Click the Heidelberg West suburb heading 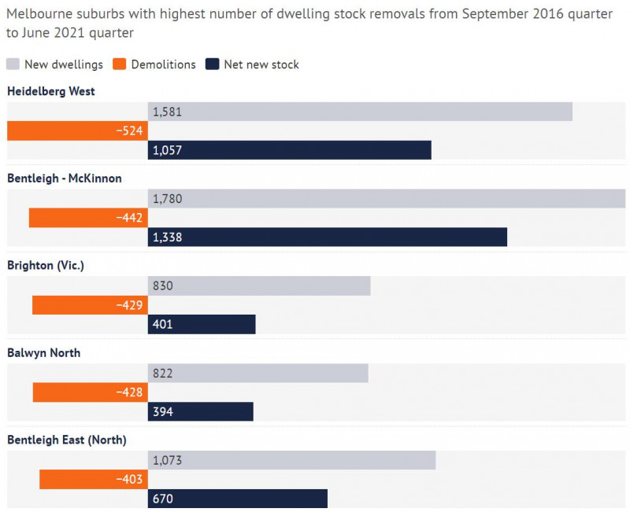pyautogui.click(x=50, y=91)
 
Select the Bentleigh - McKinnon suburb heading pyautogui.click(x=65, y=179)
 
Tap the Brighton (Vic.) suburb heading pyautogui.click(x=46, y=266)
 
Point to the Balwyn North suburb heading pyautogui.click(x=44, y=353)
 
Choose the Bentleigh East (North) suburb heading pyautogui.click(x=67, y=440)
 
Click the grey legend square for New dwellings pyautogui.click(x=13, y=64)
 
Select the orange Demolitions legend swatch pyautogui.click(x=120, y=64)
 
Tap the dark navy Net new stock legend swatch pyautogui.click(x=211, y=64)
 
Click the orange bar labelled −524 pyautogui.click(x=77, y=131)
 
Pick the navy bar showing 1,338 pyautogui.click(x=327, y=237)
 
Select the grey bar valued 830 pyautogui.click(x=259, y=286)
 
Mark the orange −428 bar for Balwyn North pyautogui.click(x=90, y=392)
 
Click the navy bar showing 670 pyautogui.click(x=237, y=499)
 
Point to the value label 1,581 pyautogui.click(x=167, y=112)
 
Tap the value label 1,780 pyautogui.click(x=167, y=199)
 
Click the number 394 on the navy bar pyautogui.click(x=163, y=411)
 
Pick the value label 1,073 pyautogui.click(x=167, y=460)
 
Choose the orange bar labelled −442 pyautogui.click(x=88, y=218)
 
